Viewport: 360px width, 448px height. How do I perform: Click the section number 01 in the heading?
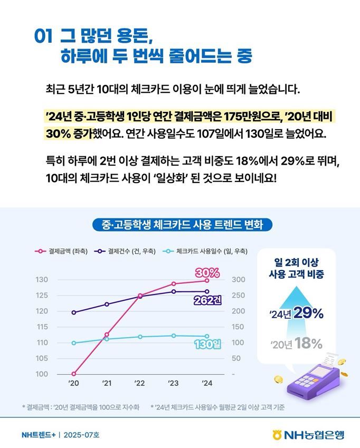(43, 35)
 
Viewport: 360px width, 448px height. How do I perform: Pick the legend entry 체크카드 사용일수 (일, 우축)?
(206, 251)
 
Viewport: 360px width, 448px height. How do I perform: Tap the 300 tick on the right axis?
(239, 279)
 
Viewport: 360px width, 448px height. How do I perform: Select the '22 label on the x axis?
(139, 383)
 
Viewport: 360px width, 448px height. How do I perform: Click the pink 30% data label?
(207, 273)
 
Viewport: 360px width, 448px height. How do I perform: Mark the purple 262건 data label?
(206, 300)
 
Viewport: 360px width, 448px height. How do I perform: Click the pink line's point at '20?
(74, 374)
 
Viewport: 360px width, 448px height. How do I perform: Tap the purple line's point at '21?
(107, 304)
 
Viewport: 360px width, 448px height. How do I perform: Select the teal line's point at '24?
(206, 336)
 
